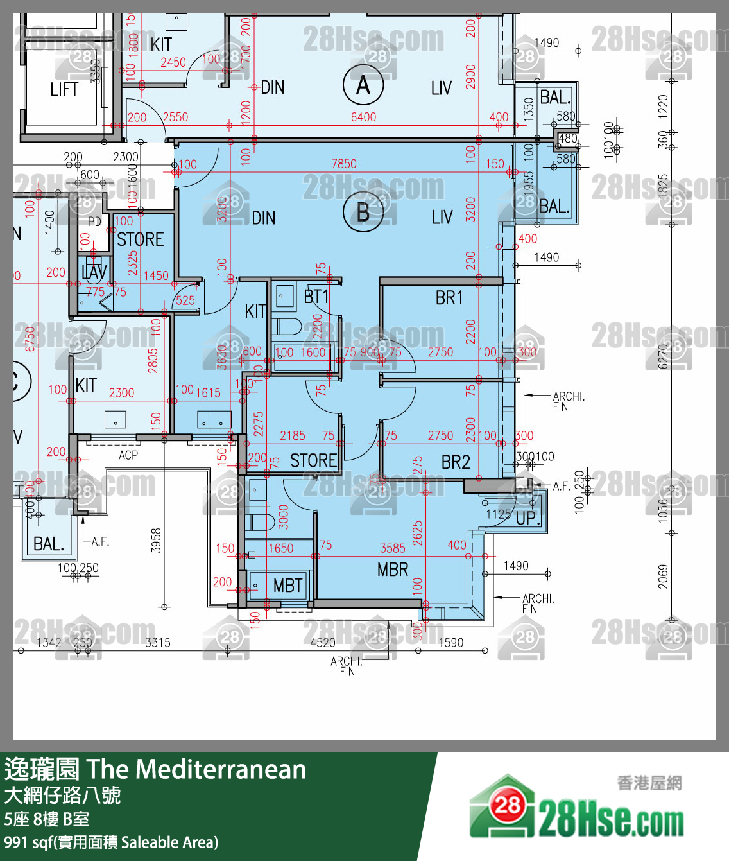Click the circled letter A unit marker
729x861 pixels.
point(363,85)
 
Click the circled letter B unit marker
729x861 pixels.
point(363,213)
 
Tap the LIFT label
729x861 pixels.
point(64,90)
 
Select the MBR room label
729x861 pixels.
point(393,570)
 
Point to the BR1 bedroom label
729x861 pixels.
point(449,298)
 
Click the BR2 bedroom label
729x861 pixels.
point(456,462)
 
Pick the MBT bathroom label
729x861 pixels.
point(287,586)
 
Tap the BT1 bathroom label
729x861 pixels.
point(316,297)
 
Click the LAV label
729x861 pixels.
point(94,272)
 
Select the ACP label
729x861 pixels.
point(128,455)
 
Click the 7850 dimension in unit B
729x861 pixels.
point(344,164)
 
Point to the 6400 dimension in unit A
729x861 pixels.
point(363,117)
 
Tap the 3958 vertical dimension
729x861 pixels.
point(156,541)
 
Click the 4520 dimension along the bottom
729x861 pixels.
point(323,643)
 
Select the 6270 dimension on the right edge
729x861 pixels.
point(663,356)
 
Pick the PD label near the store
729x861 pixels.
point(94,222)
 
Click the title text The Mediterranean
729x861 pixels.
point(196,769)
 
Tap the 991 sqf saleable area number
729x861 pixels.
point(15,842)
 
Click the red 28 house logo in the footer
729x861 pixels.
point(508,805)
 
